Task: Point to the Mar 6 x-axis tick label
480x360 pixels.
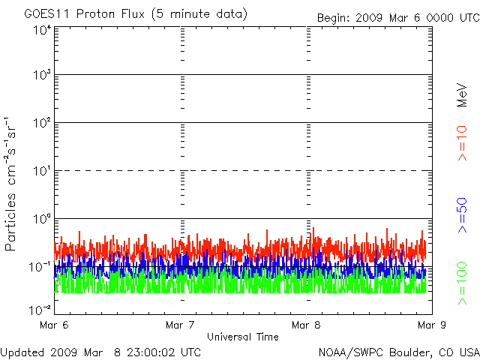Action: click(55, 325)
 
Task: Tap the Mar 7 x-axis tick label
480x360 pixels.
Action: click(181, 325)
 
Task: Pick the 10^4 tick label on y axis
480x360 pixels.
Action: click(42, 30)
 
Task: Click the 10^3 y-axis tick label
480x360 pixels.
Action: click(42, 76)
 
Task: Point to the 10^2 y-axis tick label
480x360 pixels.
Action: click(42, 123)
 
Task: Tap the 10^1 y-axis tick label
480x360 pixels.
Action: click(42, 171)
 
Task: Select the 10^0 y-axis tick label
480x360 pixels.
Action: click(42, 219)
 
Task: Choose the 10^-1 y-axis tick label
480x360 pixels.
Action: click(40, 266)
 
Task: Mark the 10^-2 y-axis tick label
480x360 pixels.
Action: click(40, 309)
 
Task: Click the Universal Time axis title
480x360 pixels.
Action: click(243, 337)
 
